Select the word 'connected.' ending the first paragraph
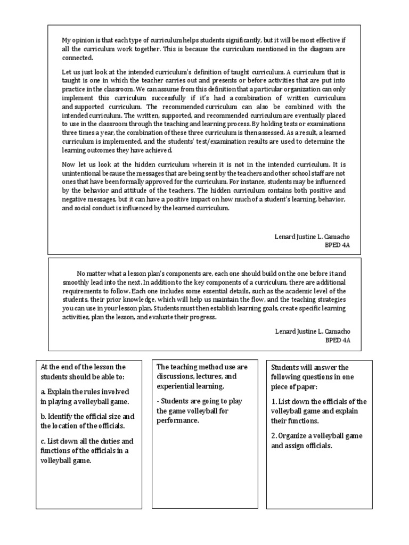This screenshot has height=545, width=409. coord(77,58)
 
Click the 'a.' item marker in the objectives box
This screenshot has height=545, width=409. coord(43,392)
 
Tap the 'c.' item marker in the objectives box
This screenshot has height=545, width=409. coord(43,441)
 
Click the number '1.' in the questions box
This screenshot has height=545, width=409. coord(274,401)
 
